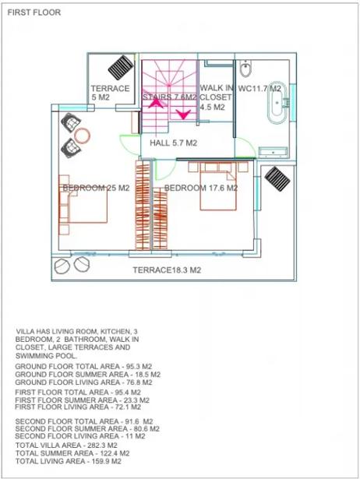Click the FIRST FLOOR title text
point(34,12)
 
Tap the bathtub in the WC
point(277,103)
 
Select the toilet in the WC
point(245,68)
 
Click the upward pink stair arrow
point(156,102)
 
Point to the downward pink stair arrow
point(183,114)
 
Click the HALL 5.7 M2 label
point(173,143)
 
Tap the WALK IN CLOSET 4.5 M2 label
point(216,97)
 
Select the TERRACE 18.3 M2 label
point(167,270)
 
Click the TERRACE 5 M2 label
point(110,93)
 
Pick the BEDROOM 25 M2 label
point(96,188)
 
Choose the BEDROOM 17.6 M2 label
point(201,188)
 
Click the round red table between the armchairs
point(82,136)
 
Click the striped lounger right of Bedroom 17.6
point(277,178)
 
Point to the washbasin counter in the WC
point(273,152)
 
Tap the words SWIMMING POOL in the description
point(47,356)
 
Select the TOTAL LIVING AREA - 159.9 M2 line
point(68,461)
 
